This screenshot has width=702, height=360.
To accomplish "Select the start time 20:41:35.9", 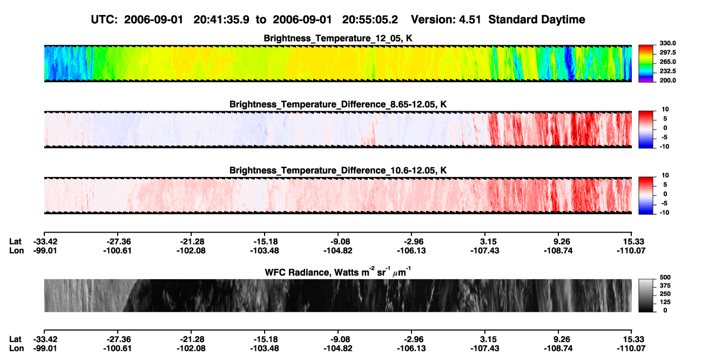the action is (x=221, y=19).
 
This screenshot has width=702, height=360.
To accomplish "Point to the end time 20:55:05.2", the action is (x=370, y=19).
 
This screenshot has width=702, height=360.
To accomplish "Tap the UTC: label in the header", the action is (x=104, y=19).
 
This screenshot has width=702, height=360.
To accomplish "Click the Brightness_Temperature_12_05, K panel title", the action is (x=338, y=38).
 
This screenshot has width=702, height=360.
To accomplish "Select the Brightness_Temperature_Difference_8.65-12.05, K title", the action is (x=338, y=104).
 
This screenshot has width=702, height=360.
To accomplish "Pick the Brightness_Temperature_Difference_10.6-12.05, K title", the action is (x=338, y=171).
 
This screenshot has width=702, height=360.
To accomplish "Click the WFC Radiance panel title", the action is (x=338, y=272).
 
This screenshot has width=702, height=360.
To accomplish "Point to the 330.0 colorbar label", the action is (x=667, y=43).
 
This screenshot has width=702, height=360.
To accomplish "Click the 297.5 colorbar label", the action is (x=667, y=52).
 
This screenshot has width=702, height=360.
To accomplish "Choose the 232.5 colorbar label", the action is (x=667, y=71).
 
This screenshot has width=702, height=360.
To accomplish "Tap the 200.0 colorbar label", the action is (x=667, y=80).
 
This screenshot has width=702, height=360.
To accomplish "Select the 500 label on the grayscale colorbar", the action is (x=665, y=277).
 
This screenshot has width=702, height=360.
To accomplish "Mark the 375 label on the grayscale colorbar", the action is (x=665, y=286).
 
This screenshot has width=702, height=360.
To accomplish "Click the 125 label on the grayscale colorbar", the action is (x=665, y=302).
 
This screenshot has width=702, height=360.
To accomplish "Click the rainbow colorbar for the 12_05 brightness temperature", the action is (x=646, y=64).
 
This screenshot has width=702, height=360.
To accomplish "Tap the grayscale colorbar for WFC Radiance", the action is (x=646, y=295).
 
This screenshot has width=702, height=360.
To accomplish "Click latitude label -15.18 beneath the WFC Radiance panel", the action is (x=265, y=339).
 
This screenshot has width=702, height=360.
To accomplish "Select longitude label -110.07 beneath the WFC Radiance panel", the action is (x=631, y=349).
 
